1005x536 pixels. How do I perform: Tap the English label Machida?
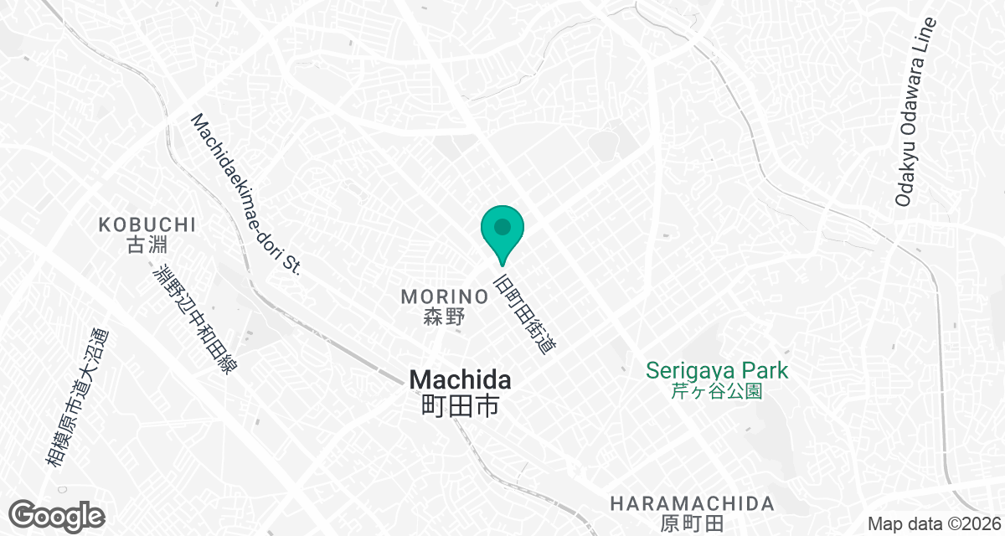point(460,379)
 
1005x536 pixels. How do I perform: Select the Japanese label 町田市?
point(460,406)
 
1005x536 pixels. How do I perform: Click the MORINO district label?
point(444,296)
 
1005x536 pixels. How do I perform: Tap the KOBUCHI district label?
point(147,224)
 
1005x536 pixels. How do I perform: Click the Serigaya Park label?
point(718,369)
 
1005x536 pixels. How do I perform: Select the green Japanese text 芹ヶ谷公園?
point(718,391)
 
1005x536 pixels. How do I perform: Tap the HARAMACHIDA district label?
point(692,503)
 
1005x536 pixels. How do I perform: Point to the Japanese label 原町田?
point(692,524)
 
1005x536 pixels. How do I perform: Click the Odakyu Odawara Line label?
point(915,111)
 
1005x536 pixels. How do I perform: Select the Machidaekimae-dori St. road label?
point(245,193)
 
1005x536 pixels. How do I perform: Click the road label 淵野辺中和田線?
point(195,320)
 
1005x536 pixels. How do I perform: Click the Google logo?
point(57,515)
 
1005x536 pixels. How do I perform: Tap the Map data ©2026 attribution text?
point(931,523)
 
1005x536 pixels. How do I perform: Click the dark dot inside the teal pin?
point(502,226)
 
